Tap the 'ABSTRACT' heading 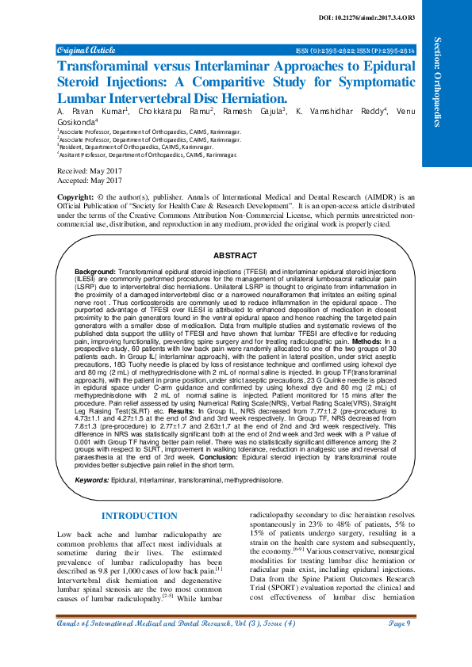coord(235,256)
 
